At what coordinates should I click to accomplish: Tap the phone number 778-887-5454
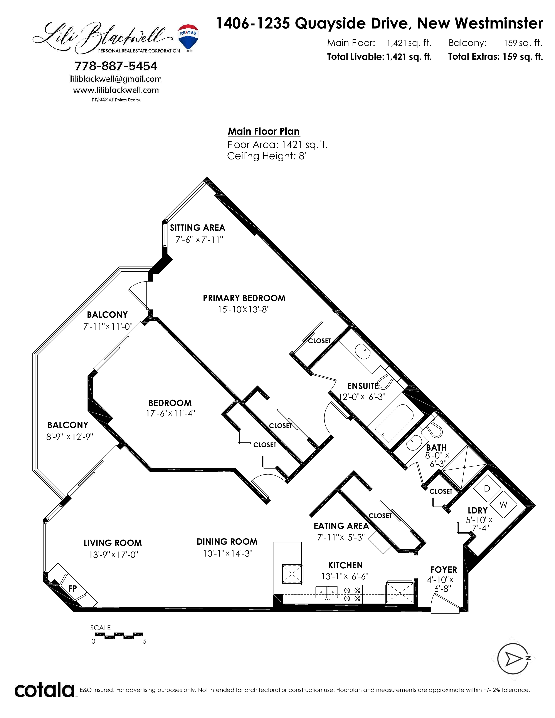(116, 66)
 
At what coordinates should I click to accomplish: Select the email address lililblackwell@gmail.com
(116, 79)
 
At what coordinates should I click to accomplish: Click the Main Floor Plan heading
(264, 131)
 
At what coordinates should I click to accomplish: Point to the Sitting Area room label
(197, 228)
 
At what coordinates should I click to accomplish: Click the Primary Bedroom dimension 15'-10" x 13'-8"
(244, 309)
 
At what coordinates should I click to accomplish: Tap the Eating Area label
(341, 526)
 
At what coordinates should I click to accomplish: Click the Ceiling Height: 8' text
(267, 156)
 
